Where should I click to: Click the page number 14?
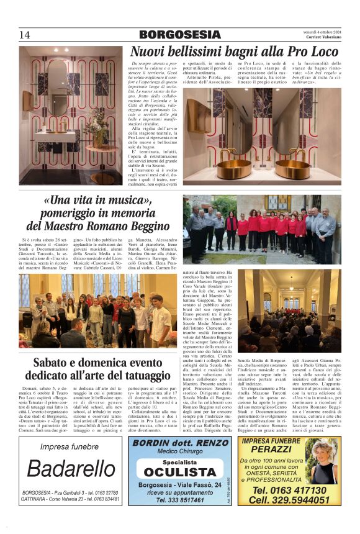click(25, 34)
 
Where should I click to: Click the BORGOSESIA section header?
click(179, 35)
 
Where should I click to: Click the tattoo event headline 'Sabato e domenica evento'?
click(93, 363)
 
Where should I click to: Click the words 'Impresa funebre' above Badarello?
click(70, 446)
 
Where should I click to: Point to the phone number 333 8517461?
click(180, 499)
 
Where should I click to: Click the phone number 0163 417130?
click(289, 490)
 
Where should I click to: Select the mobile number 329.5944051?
click(289, 500)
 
